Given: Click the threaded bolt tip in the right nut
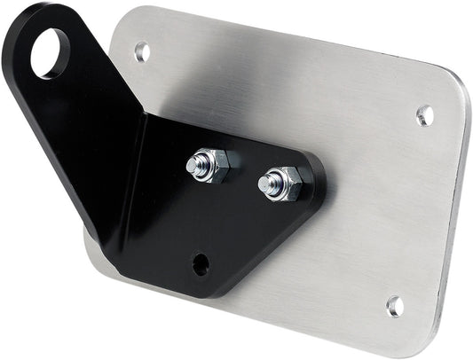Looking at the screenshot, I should [268, 183].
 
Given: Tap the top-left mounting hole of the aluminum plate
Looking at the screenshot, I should [142, 51].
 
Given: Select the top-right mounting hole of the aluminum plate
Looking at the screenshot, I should [425, 114].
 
